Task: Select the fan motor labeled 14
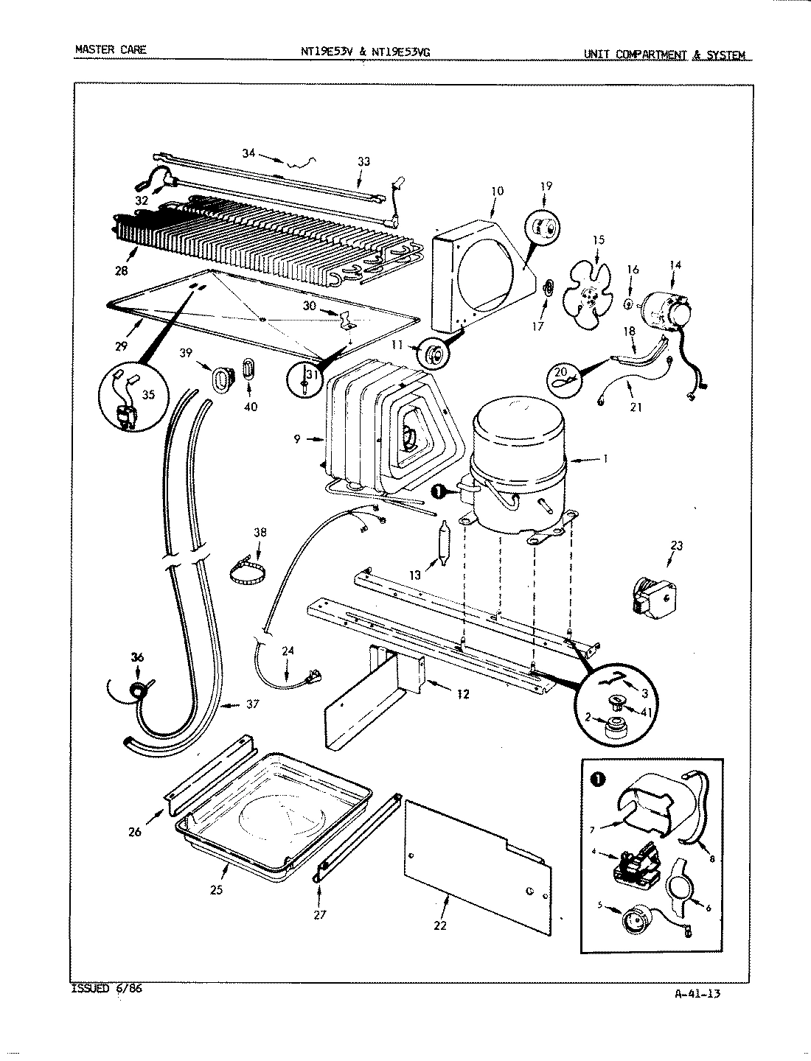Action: click(x=667, y=310)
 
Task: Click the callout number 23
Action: click(x=676, y=546)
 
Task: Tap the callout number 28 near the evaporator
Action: click(x=121, y=270)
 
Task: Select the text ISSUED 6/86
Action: click(x=107, y=990)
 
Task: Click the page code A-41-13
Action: click(x=697, y=993)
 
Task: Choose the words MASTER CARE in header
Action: click(x=111, y=50)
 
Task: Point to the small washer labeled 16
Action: click(x=627, y=304)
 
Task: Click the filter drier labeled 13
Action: click(x=444, y=544)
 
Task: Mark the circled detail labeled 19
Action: click(x=545, y=228)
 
